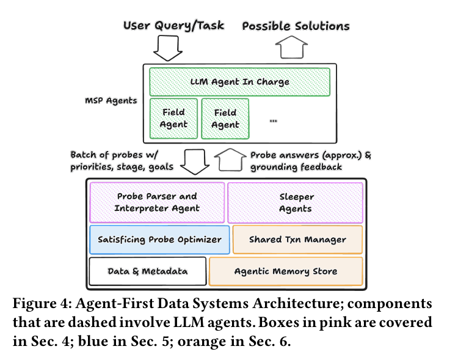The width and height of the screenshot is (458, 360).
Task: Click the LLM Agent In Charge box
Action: [x=239, y=82]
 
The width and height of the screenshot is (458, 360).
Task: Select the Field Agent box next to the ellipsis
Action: [x=225, y=119]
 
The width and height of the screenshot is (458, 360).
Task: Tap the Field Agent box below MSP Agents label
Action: [x=173, y=119]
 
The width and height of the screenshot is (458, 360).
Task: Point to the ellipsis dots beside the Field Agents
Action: [x=273, y=121]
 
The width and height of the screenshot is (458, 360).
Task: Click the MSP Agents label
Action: [x=111, y=101]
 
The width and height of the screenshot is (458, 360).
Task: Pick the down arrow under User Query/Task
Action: [x=168, y=48]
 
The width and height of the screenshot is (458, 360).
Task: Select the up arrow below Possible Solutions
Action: [x=291, y=47]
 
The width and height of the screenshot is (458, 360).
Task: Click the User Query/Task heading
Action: [x=173, y=26]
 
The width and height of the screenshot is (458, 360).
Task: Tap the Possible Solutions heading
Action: [x=296, y=26]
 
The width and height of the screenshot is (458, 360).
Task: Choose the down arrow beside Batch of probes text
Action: [x=195, y=162]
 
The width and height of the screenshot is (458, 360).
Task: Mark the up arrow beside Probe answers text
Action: [x=230, y=160]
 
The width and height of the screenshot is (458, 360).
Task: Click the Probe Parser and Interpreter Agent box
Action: [x=157, y=202]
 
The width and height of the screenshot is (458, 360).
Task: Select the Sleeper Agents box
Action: [x=296, y=203]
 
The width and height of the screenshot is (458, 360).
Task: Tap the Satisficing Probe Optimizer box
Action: [x=159, y=240]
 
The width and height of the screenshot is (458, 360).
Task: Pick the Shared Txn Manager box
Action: [x=297, y=240]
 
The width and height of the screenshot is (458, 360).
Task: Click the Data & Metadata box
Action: [x=148, y=271]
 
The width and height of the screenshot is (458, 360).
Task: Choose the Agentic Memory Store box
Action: [x=286, y=271]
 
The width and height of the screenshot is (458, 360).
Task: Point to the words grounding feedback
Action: [x=296, y=167]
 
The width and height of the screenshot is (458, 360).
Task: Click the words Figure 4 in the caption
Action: [x=42, y=303]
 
